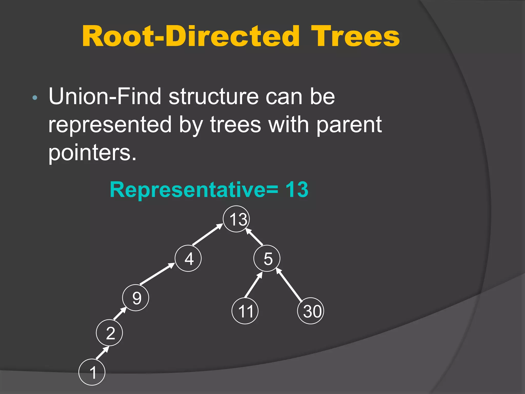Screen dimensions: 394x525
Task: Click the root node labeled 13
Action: (236, 219)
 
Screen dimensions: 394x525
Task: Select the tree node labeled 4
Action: (188, 258)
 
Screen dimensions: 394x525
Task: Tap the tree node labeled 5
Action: (267, 258)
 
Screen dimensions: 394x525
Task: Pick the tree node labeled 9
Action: (136, 298)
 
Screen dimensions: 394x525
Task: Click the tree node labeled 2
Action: (109, 333)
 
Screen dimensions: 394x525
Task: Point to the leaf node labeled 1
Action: (92, 372)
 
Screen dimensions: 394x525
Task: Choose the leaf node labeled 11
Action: (245, 311)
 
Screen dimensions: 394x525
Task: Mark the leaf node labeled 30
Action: (311, 311)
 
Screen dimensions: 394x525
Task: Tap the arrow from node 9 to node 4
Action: (157, 274)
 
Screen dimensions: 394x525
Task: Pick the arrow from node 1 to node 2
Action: (102, 353)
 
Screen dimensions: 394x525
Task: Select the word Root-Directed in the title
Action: (191, 37)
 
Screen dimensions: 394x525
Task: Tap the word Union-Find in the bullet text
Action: (105, 96)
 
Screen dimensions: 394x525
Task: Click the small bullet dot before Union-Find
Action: (35, 98)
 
